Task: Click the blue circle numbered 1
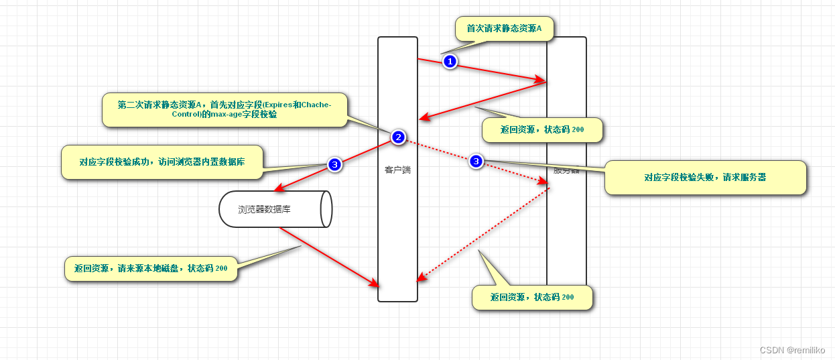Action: click(450, 61)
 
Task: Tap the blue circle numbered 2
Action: click(398, 137)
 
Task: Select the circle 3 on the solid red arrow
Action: click(335, 164)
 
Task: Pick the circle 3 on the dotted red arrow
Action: click(476, 161)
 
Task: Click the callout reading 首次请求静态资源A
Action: click(505, 29)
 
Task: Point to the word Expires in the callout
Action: click(280, 105)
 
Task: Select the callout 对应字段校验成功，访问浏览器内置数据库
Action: click(162, 162)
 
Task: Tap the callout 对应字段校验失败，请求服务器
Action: click(705, 178)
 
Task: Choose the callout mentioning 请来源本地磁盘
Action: click(150, 268)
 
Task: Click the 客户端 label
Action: click(397, 170)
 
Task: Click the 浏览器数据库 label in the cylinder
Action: click(264, 209)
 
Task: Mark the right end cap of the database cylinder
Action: click(326, 209)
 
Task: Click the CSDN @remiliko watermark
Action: click(793, 350)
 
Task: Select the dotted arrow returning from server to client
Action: click(483, 234)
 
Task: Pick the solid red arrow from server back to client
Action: click(483, 101)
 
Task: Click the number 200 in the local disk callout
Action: click(221, 268)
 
